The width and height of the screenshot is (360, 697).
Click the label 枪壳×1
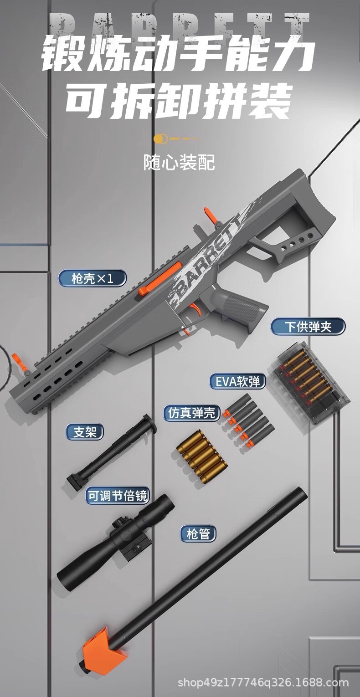92,278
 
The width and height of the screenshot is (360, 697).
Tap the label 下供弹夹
308,327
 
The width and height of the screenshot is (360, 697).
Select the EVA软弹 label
237,381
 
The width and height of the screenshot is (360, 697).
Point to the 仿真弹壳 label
191,413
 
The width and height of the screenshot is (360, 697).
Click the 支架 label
85,431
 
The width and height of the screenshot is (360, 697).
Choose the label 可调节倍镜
118,496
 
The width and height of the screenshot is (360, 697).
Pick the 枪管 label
198,533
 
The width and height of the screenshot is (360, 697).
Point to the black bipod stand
112,451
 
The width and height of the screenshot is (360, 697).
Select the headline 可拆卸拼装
179,101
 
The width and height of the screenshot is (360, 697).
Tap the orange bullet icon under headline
159,138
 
